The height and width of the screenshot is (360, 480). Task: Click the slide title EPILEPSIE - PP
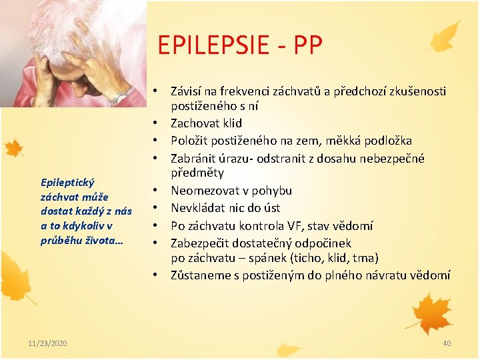[x=240, y=45]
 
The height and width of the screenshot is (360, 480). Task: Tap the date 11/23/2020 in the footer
[x=47, y=343]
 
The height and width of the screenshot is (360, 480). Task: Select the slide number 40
[x=447, y=343]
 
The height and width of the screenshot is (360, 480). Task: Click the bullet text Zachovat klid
[x=206, y=123]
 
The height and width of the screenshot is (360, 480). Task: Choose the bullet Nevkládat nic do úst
[x=225, y=208]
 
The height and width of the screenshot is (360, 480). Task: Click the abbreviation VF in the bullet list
[x=307, y=225]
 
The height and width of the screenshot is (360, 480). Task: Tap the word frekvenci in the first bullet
[x=251, y=91]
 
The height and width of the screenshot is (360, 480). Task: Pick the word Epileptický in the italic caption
[x=68, y=182]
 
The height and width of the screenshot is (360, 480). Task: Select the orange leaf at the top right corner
[x=446, y=37]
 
